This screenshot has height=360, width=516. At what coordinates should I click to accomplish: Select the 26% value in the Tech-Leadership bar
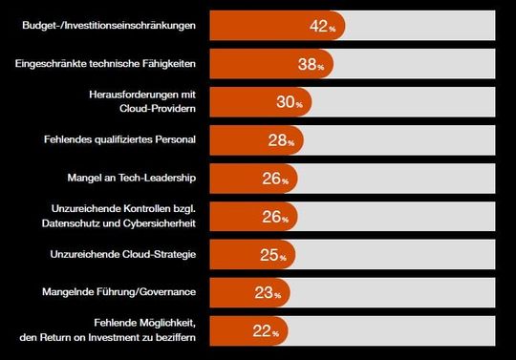277,179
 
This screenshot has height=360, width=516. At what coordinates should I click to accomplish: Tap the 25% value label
274,255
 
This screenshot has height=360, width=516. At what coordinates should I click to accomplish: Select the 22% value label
267,331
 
